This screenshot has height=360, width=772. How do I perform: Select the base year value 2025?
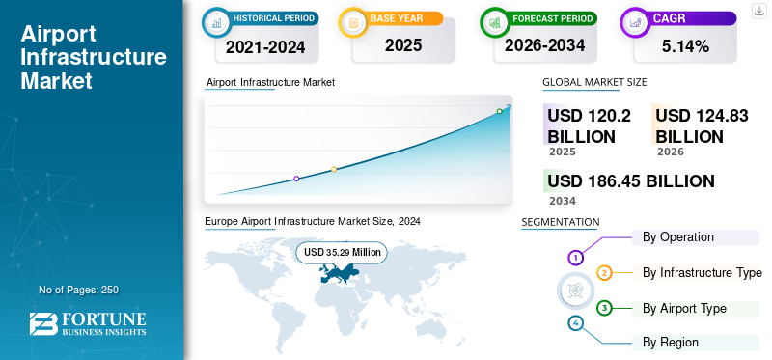(x=396, y=45)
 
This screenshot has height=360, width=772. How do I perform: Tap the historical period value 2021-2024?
(x=264, y=45)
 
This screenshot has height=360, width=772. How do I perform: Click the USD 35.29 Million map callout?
(x=341, y=252)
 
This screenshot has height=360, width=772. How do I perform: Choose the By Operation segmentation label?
(x=677, y=236)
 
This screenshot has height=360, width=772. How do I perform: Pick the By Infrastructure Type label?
(x=702, y=272)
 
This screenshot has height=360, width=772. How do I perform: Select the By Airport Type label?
(x=684, y=308)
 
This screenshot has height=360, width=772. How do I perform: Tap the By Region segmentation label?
(x=671, y=342)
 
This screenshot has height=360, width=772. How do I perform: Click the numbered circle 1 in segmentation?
(x=575, y=258)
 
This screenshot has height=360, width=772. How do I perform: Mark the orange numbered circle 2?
(x=604, y=273)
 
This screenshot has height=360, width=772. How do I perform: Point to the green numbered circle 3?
(x=604, y=308)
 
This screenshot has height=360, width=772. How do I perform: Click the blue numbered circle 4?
(x=575, y=323)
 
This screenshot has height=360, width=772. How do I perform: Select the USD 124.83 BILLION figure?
(x=702, y=125)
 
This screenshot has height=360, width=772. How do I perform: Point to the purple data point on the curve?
(x=296, y=179)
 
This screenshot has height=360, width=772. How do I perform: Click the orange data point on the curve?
(x=334, y=170)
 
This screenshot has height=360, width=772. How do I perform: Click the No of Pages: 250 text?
(x=78, y=290)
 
